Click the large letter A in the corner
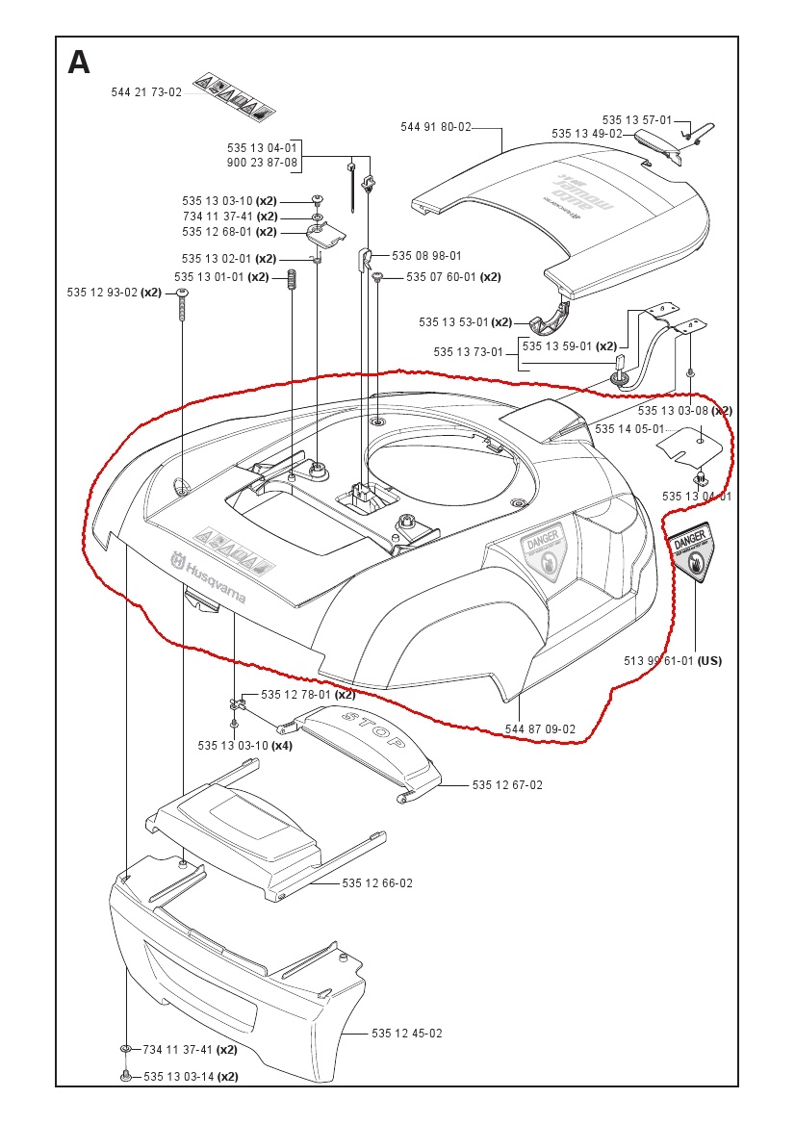click(x=79, y=63)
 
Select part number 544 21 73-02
click(x=146, y=92)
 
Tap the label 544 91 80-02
click(x=436, y=126)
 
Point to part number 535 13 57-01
click(x=637, y=120)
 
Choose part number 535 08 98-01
click(x=426, y=256)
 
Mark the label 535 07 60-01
click(x=441, y=277)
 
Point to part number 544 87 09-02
click(x=541, y=729)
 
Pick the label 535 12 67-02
click(x=507, y=785)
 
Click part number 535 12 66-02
click(x=377, y=883)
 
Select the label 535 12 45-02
click(x=407, y=1034)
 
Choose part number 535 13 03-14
click(x=178, y=1076)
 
